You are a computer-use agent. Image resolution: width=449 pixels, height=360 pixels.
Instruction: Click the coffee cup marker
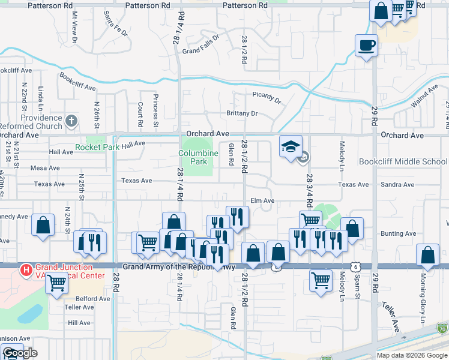point(366,45)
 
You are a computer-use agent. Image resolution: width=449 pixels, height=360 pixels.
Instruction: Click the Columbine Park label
point(197,157)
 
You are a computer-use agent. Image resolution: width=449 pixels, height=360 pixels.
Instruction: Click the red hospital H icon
point(26,271)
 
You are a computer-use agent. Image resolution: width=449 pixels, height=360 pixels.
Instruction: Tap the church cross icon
point(71,121)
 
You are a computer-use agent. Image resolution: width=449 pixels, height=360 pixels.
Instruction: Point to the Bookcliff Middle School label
point(403,161)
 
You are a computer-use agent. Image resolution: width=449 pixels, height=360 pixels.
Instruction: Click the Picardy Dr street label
point(267,97)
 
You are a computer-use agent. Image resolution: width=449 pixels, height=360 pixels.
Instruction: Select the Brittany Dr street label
point(242,113)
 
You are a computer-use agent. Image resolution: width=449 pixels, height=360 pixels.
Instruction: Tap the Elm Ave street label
point(262,200)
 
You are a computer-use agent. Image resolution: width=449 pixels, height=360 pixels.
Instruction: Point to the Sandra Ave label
point(398,185)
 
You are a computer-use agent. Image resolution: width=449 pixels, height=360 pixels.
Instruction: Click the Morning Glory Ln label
point(423,307)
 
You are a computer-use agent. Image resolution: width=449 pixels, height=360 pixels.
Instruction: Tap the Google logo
point(19,353)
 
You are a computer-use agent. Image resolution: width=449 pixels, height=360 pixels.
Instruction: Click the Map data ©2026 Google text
point(412,355)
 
